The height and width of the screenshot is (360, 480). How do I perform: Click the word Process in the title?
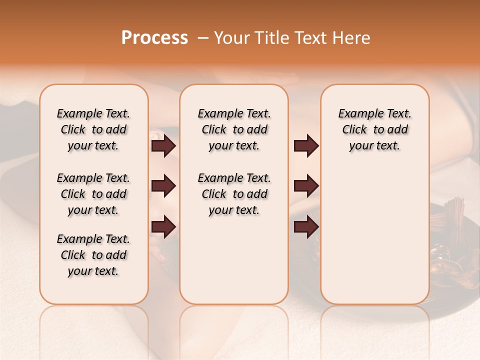pos(154,38)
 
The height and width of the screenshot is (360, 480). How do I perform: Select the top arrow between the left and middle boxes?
pos(163,146)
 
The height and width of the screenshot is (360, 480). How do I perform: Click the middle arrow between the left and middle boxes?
pos(163,186)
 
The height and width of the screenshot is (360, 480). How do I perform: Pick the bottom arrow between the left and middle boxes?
pos(163,226)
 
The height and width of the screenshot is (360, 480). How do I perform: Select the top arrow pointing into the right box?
pos(306,146)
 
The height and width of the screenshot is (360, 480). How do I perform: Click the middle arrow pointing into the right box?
pos(306,186)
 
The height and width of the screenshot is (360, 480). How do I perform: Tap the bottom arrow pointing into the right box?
pos(306,226)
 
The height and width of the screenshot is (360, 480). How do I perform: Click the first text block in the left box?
pos(93,129)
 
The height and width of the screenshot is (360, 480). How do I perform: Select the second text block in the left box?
pos(93,194)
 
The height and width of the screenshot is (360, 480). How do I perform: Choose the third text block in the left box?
pos(93,255)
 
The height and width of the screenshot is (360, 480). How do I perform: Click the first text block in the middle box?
pos(234,129)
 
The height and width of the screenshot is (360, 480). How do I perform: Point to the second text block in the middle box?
pos(234,194)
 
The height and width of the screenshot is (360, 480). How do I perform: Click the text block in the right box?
pos(374,129)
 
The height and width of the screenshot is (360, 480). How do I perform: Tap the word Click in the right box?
pos(354,130)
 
